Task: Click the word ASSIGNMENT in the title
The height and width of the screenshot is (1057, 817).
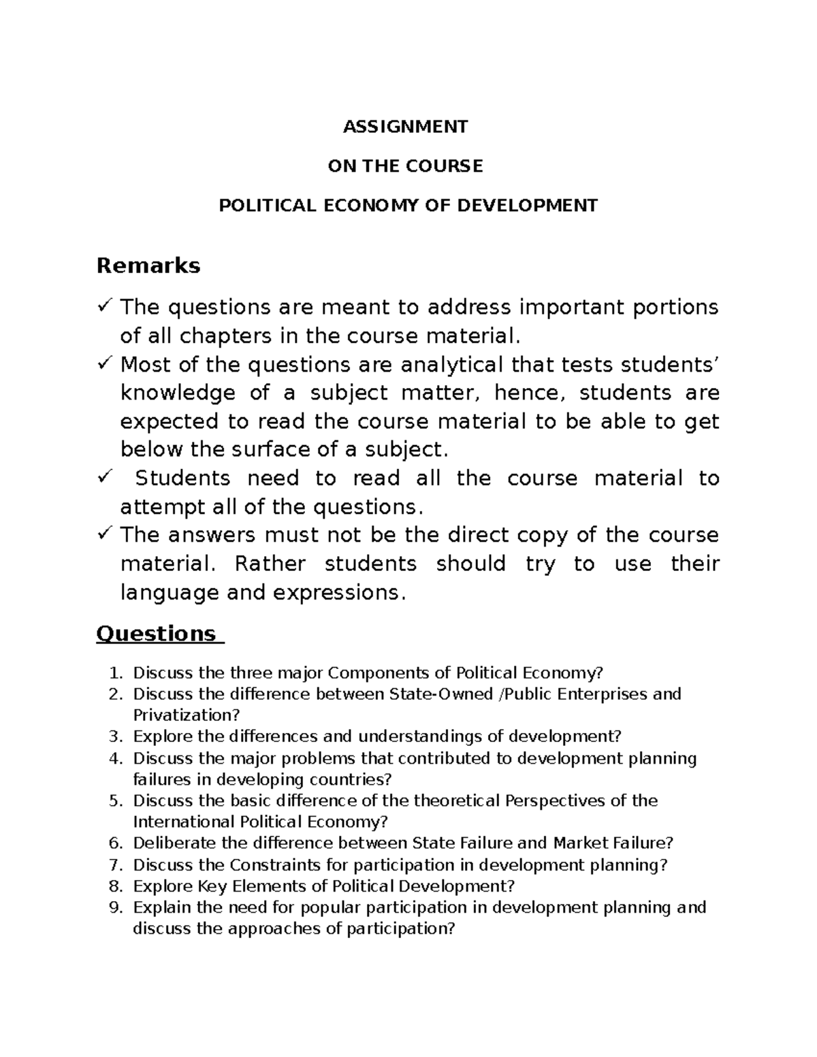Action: point(405,127)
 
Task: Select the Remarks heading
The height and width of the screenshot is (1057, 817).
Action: point(148,265)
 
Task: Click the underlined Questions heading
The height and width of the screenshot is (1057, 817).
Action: point(156,634)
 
